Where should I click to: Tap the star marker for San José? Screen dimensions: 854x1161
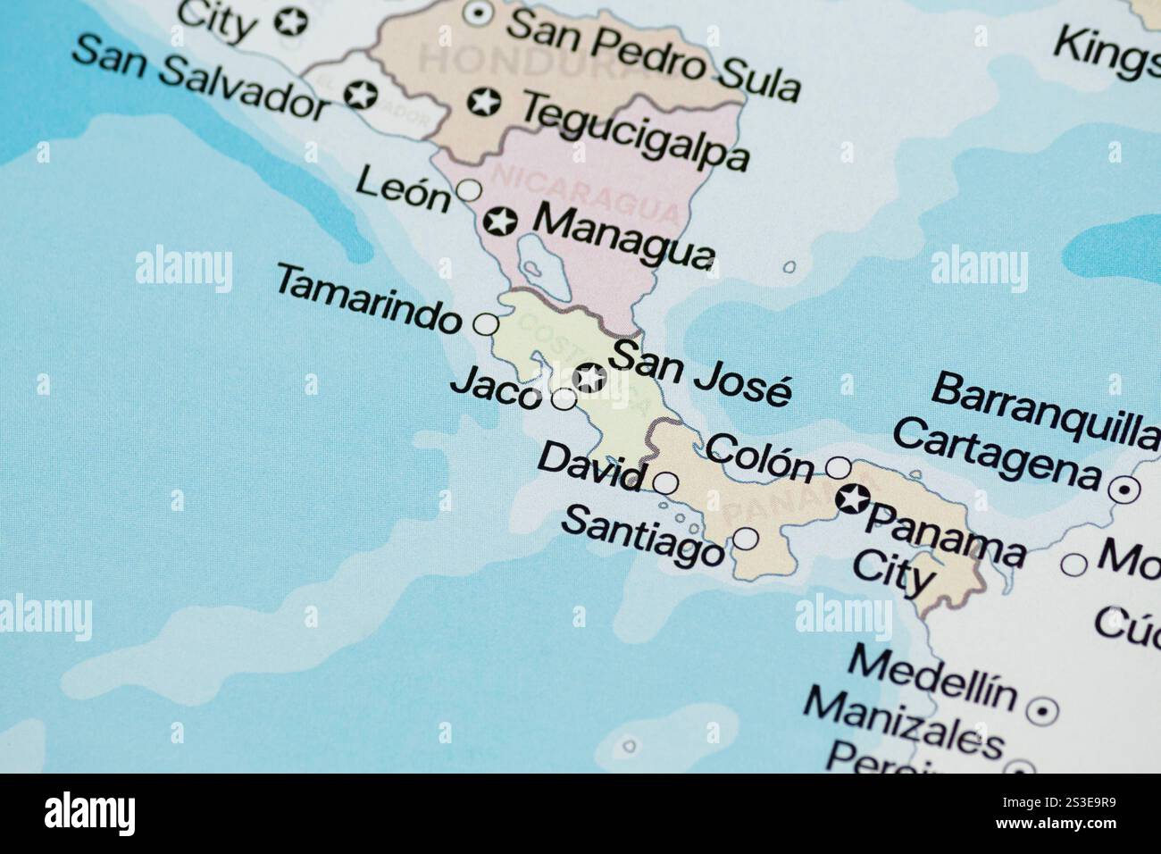click(589, 378)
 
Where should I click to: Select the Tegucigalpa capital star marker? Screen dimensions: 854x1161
click(483, 102)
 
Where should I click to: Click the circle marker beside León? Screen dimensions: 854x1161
click(469, 189)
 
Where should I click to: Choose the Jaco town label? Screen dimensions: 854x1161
click(497, 389)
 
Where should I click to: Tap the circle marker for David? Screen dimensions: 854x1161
click(666, 483)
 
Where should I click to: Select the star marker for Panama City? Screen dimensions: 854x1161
click(852, 498)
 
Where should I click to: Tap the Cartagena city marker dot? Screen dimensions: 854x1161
click(1123, 490)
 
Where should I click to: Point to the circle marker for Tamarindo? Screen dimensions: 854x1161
click(486, 323)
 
